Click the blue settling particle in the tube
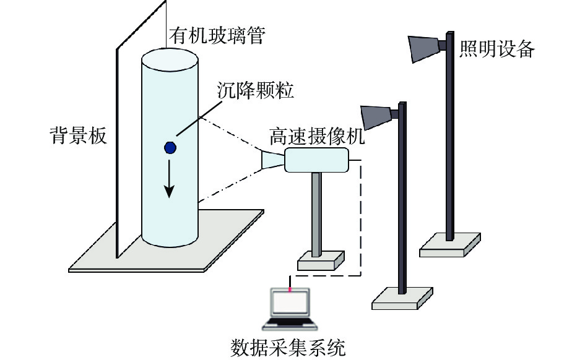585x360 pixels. coord(170,148)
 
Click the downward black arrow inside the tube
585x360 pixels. coord(170,179)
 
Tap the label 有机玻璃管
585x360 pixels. coord(217,36)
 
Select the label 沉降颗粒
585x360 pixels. coord(256,90)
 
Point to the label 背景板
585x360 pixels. coord(79,135)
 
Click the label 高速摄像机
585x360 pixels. coord(317,137)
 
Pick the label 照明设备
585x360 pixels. coord(496,48)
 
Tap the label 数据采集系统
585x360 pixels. coord(288,348)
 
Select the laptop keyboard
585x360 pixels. coord(290,324)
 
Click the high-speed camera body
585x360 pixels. coord(317,160)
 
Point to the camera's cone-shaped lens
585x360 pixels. coord(273,159)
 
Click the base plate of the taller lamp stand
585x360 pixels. coord(450,245)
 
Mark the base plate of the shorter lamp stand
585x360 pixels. coord(402,298)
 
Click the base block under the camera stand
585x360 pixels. coord(321,260)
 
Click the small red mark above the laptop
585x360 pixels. coord(290,288)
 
